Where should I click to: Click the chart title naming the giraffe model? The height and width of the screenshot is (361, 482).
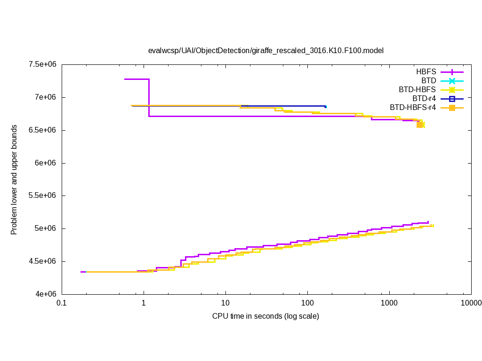(266, 50)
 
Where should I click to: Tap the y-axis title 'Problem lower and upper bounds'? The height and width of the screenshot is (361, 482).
(14, 180)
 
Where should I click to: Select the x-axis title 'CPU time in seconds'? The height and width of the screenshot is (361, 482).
(265, 316)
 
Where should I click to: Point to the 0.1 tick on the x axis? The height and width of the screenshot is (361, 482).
(61, 303)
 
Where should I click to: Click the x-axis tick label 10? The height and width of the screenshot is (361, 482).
(225, 303)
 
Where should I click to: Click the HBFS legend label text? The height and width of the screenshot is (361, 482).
(426, 72)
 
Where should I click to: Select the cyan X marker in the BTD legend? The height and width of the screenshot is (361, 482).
(452, 81)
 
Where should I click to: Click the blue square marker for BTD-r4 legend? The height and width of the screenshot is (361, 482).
(452, 99)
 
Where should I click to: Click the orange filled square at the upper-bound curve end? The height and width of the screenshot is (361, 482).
(419, 125)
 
